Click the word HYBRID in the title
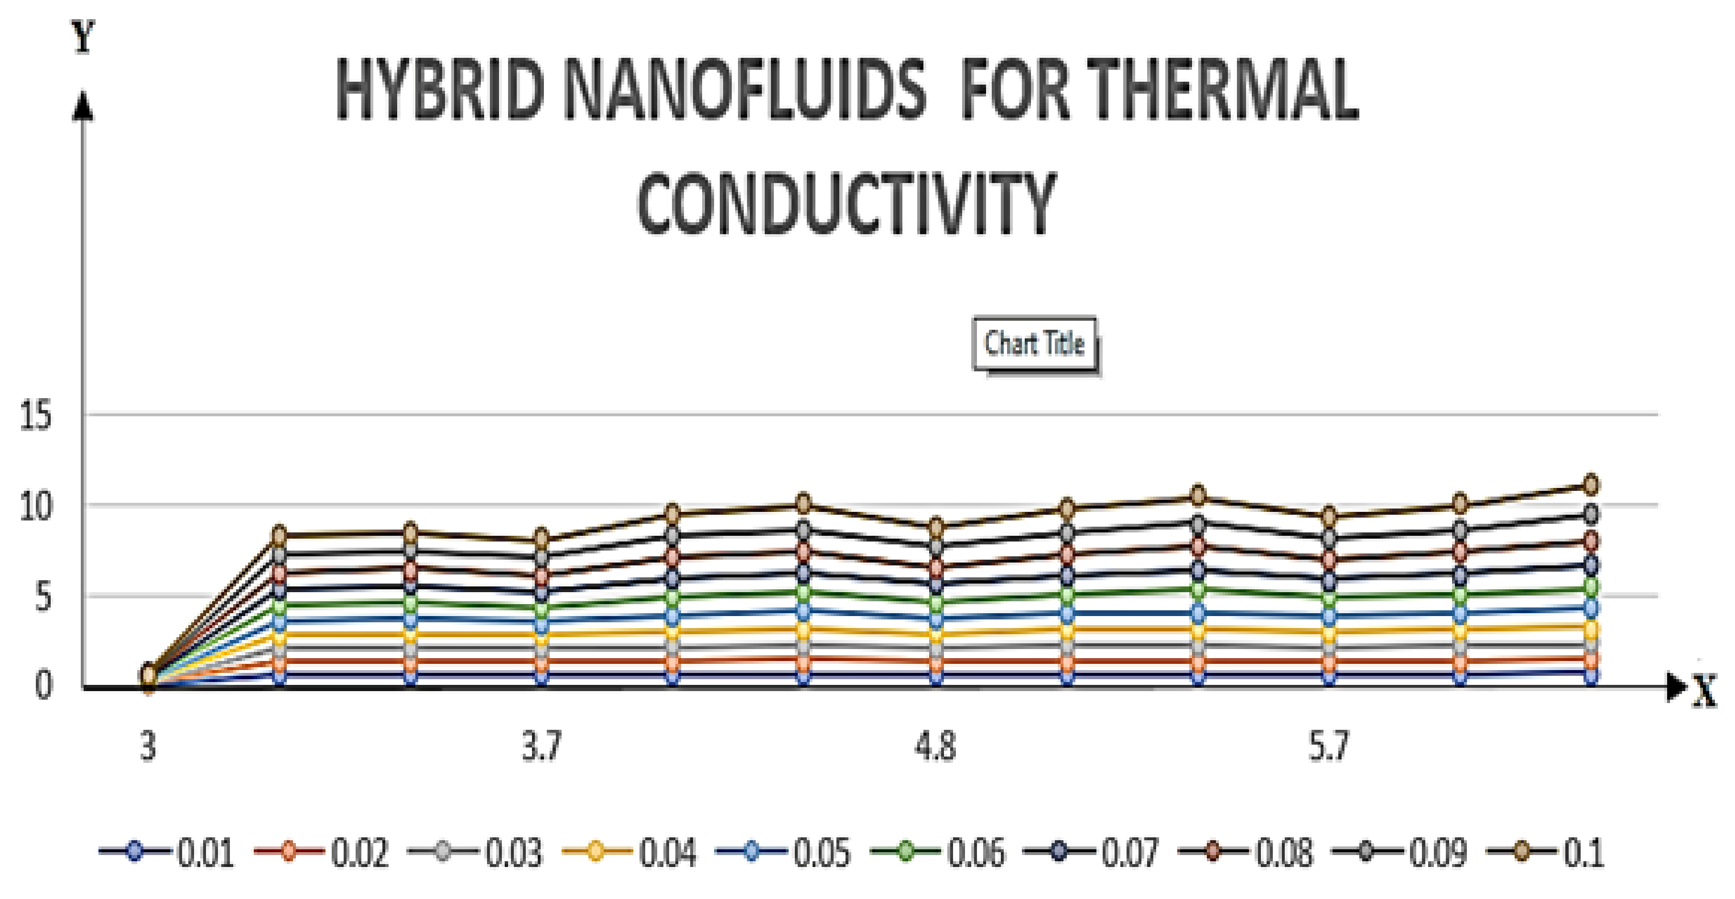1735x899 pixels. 439,89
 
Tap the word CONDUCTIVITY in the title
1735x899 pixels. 846,203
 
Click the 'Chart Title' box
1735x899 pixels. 1034,344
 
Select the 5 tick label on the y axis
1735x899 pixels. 43,596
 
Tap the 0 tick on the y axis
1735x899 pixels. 43,685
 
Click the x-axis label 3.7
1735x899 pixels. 542,746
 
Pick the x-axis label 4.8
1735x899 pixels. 935,746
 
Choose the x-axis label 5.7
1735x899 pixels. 1328,746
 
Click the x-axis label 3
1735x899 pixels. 148,746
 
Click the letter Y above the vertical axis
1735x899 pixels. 83,36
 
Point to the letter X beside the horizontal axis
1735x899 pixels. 1705,692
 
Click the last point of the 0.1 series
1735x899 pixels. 1591,484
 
